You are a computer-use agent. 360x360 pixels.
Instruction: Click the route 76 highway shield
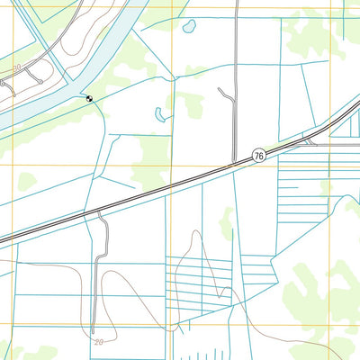pos(258,156)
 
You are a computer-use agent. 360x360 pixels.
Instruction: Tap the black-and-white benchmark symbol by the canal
pos(89,98)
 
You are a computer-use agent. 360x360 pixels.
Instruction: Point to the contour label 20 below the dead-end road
pos(98,342)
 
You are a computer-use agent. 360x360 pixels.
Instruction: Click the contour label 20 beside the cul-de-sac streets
pos(16,67)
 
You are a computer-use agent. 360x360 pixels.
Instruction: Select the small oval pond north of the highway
pos(190,27)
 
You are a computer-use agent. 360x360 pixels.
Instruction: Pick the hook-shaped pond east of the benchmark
pos(160,115)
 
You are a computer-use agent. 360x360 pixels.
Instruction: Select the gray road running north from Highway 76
pos(236,72)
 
